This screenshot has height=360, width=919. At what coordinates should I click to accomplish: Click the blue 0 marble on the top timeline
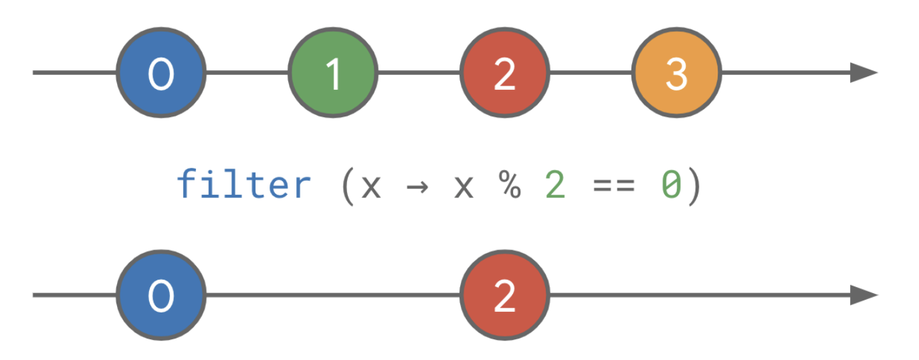pyautogui.click(x=161, y=72)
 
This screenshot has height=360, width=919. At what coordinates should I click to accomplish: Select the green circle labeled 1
pyautogui.click(x=332, y=72)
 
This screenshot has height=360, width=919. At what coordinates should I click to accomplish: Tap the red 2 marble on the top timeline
pyautogui.click(x=504, y=72)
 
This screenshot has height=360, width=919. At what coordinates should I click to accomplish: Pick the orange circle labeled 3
pyautogui.click(x=676, y=72)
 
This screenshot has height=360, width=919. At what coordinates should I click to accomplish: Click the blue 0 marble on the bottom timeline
pyautogui.click(x=161, y=294)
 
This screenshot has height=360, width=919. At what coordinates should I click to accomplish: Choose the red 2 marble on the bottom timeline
pyautogui.click(x=504, y=294)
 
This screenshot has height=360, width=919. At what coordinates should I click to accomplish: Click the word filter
pyautogui.click(x=243, y=184)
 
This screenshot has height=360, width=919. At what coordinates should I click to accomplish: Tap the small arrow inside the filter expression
pyautogui.click(x=417, y=185)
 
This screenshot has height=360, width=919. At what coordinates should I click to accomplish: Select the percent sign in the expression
pyautogui.click(x=509, y=185)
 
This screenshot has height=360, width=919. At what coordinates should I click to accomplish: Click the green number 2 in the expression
pyautogui.click(x=555, y=185)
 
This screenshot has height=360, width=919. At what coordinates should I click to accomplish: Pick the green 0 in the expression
pyautogui.click(x=671, y=185)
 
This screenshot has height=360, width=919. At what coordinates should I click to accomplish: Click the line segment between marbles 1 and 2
pyautogui.click(x=418, y=72)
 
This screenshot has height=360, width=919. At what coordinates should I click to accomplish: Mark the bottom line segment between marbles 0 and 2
pyautogui.click(x=332, y=294)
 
